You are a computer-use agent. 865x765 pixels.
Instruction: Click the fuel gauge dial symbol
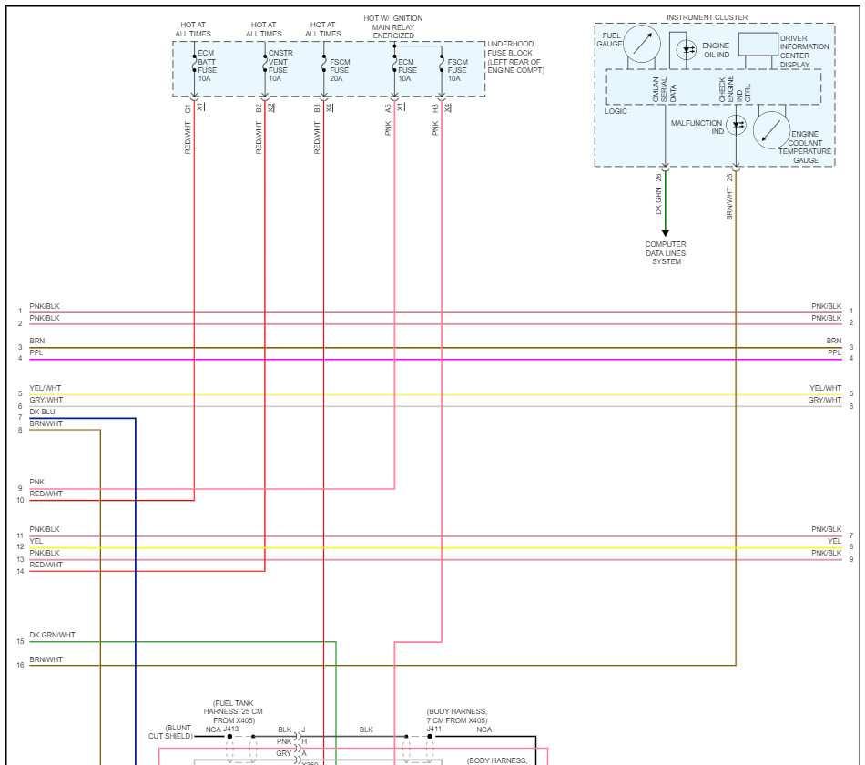tap(643, 44)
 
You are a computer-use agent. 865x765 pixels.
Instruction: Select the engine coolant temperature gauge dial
tap(771, 129)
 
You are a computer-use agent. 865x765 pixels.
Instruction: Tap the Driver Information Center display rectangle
tap(758, 44)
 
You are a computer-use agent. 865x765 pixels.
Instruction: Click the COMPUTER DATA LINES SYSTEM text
tap(666, 253)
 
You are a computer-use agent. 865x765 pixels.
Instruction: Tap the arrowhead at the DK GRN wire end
tap(666, 233)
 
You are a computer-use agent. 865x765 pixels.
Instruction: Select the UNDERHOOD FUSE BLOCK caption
tap(515, 57)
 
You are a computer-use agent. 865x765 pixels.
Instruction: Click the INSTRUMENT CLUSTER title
tap(707, 17)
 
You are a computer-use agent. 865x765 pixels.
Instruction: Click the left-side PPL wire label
tap(36, 352)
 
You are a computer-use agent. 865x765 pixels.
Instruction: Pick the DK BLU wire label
tap(42, 412)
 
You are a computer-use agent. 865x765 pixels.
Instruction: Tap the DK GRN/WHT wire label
tap(52, 635)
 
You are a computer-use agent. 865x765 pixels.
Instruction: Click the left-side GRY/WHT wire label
tap(46, 400)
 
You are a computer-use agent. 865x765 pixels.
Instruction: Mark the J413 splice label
tap(230, 729)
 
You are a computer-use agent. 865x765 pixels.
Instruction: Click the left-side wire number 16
tap(20, 666)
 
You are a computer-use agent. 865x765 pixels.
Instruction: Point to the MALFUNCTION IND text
tap(697, 127)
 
